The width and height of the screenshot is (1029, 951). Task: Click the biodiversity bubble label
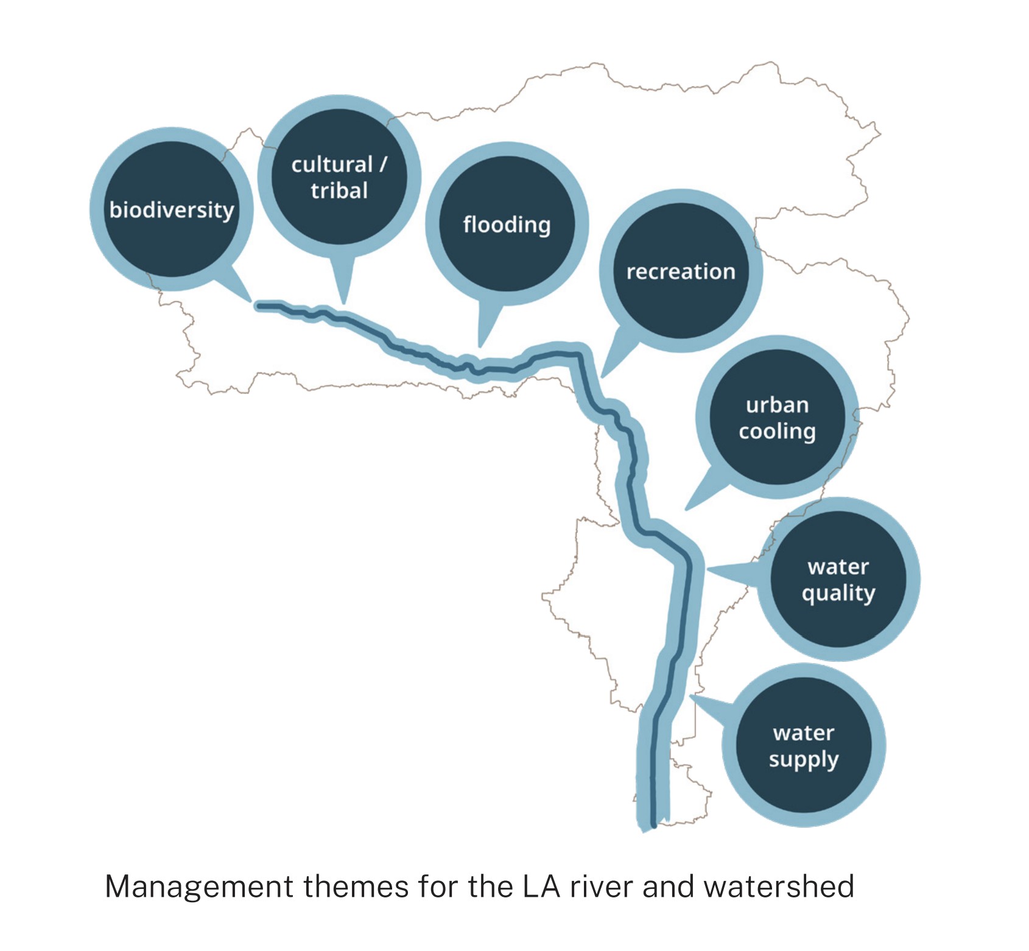(x=172, y=210)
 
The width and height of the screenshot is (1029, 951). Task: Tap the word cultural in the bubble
(x=331, y=165)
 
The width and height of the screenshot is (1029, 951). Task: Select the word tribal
(x=339, y=191)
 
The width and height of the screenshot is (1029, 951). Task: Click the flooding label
(x=507, y=225)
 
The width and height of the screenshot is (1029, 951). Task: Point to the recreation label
(x=681, y=272)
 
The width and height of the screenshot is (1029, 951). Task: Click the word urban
(x=777, y=405)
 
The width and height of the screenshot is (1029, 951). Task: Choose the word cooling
(x=777, y=432)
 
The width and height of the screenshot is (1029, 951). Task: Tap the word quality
(x=838, y=593)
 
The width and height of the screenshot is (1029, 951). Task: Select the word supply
(x=803, y=760)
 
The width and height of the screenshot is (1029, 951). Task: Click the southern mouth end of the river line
(x=653, y=824)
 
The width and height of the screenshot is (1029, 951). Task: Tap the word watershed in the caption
(x=779, y=887)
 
